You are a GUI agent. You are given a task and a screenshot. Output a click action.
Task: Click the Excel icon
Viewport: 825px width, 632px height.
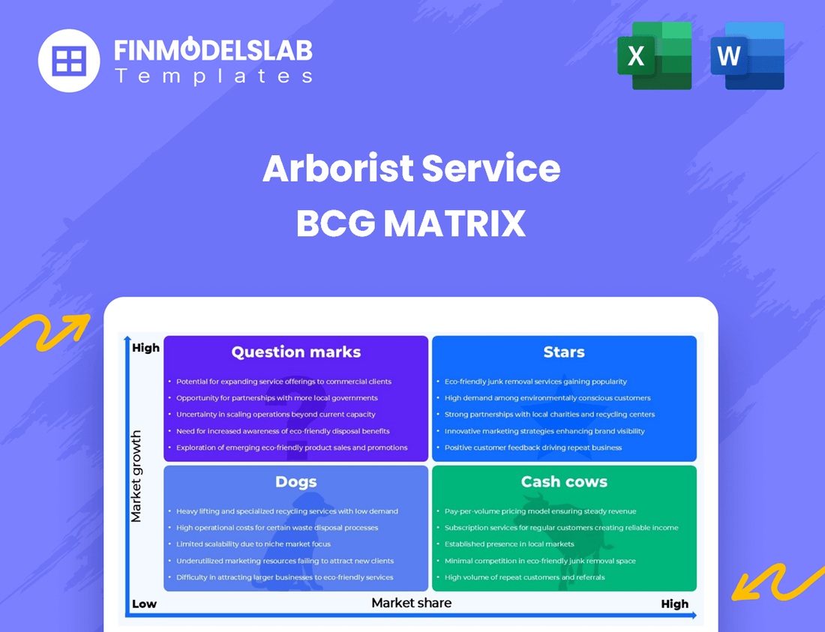pos(654,55)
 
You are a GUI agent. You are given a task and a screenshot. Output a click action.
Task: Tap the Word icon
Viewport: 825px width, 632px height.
pos(747,55)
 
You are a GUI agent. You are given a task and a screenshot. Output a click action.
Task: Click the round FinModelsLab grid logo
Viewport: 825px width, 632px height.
pos(69,60)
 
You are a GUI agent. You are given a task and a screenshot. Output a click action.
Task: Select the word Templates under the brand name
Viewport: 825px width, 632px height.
pos(213,76)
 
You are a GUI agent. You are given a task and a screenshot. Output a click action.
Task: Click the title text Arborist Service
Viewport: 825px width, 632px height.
pos(411,169)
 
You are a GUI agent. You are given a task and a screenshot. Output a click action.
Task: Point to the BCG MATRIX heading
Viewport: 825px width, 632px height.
pos(411,223)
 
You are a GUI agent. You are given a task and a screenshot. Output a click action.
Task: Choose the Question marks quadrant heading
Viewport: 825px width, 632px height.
pos(296,352)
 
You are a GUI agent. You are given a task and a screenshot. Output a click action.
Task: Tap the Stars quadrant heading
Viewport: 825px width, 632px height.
pos(564,352)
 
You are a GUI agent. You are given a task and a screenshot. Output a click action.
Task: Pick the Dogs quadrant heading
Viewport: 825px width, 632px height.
pos(296,481)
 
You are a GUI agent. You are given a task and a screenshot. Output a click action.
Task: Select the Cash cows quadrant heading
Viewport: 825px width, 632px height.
pos(564,481)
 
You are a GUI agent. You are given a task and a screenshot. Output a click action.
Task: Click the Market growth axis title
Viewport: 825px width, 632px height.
pos(136,476)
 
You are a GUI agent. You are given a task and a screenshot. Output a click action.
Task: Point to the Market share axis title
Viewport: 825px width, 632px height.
pos(412,602)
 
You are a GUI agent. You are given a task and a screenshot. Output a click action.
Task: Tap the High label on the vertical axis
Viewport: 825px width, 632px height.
pos(145,348)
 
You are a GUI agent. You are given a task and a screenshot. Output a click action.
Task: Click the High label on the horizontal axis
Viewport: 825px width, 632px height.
pos(674,604)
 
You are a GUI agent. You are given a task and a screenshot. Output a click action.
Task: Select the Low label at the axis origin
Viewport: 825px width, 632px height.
pos(144,604)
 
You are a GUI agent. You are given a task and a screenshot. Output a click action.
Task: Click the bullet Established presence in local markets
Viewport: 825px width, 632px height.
pos(509,544)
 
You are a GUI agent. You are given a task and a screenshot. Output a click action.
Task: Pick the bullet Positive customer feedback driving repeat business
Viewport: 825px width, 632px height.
pos(533,448)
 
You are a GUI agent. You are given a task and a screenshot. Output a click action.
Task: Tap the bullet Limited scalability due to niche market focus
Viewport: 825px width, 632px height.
pos(253,544)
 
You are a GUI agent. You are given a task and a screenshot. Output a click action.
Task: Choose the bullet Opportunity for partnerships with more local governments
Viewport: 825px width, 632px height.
pos(277,398)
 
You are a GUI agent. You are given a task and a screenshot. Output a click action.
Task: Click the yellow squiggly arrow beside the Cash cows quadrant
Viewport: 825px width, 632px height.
pos(776,578)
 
